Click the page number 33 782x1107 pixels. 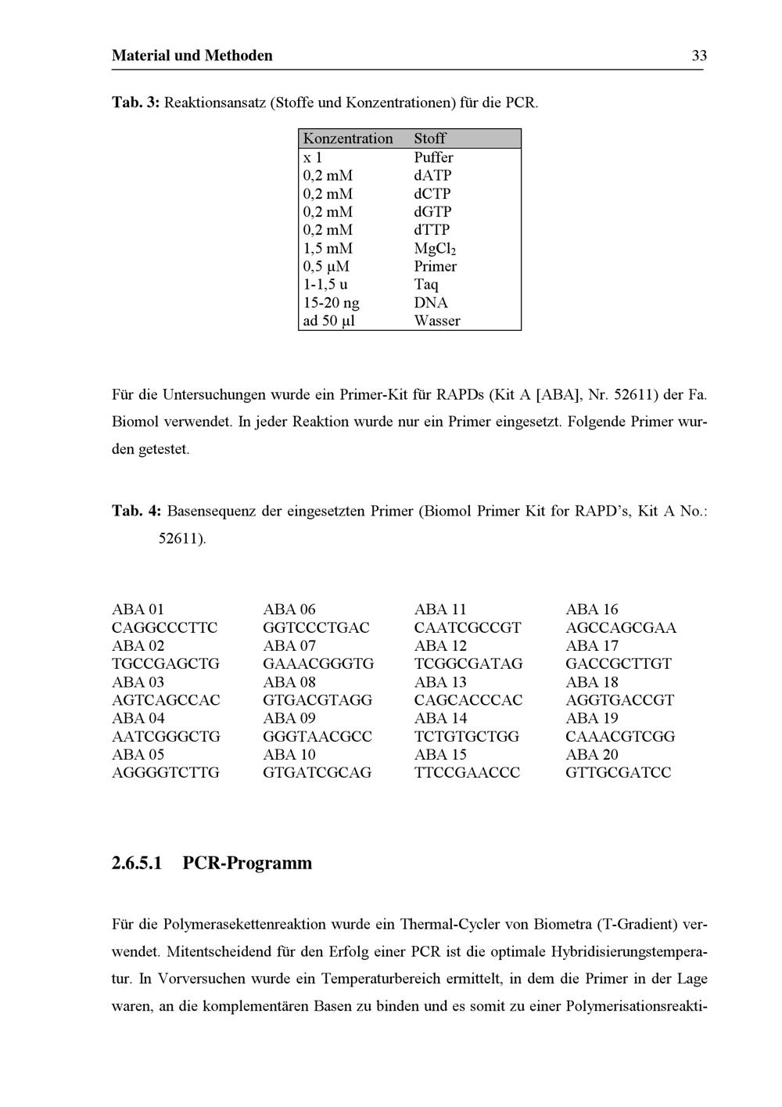[699, 56]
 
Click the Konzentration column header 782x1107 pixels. [348, 138]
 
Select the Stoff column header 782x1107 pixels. [430, 138]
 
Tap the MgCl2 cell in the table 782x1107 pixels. [435, 249]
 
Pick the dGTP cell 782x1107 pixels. [432, 212]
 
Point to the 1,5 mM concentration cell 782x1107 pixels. [328, 249]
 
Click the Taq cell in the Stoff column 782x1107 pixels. [426, 285]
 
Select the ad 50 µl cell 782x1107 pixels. [328, 321]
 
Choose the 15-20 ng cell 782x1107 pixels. [331, 303]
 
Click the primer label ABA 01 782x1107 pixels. [138, 609]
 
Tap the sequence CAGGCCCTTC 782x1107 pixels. [164, 627]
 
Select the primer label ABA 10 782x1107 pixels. [289, 755]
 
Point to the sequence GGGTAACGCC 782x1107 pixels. [317, 736]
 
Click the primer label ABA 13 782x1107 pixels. [440, 682]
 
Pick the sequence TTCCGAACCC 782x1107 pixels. [467, 773]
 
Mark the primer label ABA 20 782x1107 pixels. [592, 755]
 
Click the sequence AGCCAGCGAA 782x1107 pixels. [621, 627]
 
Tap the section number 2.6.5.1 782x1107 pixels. [138, 864]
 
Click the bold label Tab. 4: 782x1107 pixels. [137, 512]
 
